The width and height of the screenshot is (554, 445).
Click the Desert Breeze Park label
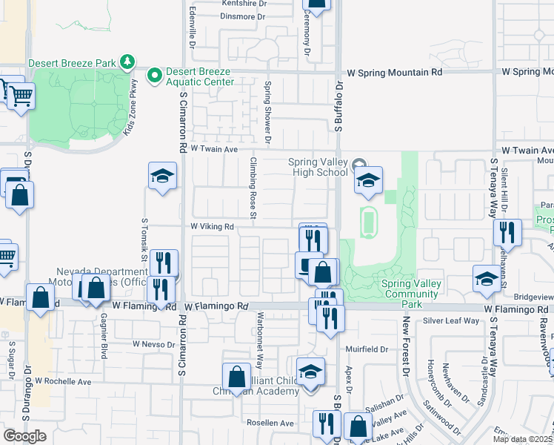(73, 63)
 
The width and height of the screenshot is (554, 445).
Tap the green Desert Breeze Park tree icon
(128, 61)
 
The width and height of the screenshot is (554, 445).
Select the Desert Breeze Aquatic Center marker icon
(155, 75)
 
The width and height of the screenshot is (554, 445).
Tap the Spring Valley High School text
(318, 167)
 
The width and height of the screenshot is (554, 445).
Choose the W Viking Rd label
(213, 226)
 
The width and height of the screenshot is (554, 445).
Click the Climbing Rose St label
(253, 188)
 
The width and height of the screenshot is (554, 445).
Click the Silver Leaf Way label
(452, 320)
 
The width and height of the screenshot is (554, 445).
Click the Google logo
(24, 436)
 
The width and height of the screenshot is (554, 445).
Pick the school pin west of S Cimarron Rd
(163, 177)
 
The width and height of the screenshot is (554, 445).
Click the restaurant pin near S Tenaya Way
(507, 232)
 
